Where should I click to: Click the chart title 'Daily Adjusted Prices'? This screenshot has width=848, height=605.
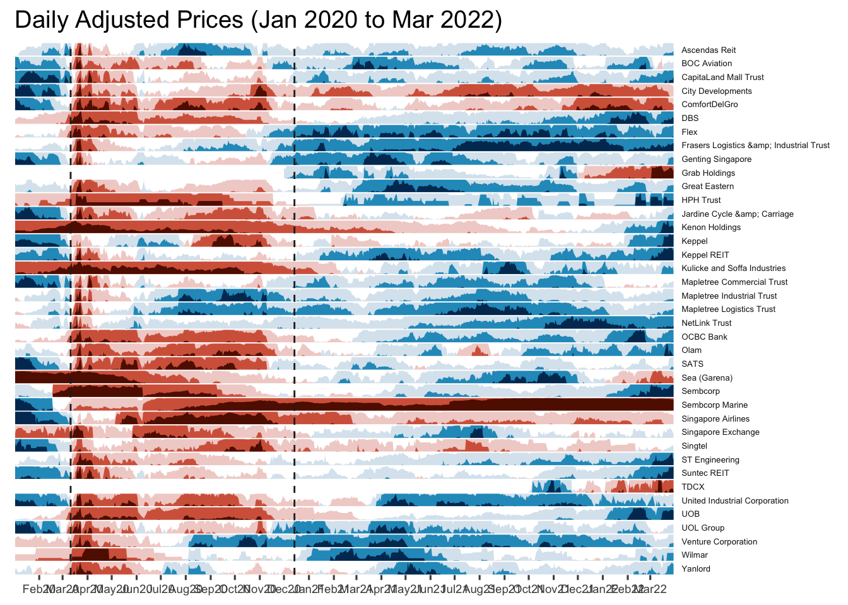click(x=258, y=20)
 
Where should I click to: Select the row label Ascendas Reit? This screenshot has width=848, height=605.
click(x=709, y=50)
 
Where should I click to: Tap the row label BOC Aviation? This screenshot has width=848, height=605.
click(x=707, y=64)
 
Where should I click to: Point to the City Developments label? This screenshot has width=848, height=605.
click(x=717, y=91)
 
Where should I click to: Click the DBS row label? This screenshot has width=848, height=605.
click(x=690, y=118)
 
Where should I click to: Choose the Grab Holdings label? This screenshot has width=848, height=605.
click(x=708, y=173)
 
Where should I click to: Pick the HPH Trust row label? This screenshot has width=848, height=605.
click(x=701, y=200)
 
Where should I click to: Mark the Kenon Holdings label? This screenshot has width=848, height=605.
click(x=711, y=228)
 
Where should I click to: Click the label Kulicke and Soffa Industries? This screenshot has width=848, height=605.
click(x=733, y=268)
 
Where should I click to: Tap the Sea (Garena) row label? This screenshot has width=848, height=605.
click(x=707, y=378)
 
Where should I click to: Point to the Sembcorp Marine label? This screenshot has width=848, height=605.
click(x=714, y=405)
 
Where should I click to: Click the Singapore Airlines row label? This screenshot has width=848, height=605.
click(x=715, y=419)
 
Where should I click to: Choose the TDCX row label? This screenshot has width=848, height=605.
click(x=693, y=487)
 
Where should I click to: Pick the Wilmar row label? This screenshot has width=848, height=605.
click(x=695, y=555)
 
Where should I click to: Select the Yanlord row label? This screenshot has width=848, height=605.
click(x=696, y=569)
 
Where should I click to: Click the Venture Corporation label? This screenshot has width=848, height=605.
click(x=719, y=542)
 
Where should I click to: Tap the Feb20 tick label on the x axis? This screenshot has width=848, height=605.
click(x=38, y=589)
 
